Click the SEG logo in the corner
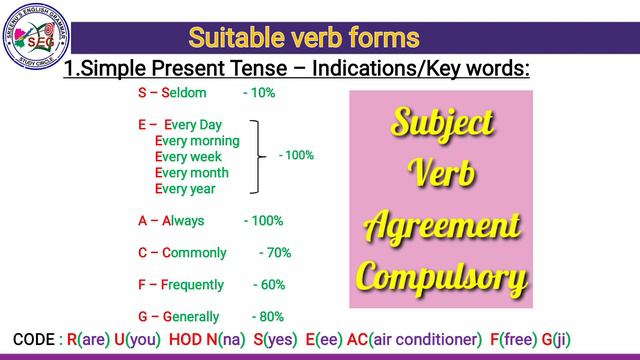click(x=38, y=37)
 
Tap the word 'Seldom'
click(x=184, y=93)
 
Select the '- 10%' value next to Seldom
click(x=259, y=93)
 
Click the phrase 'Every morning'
click(x=198, y=141)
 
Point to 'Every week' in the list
click(x=189, y=157)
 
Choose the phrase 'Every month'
click(x=193, y=173)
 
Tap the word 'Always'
click(x=183, y=221)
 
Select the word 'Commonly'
click(x=194, y=253)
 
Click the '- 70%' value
click(x=275, y=253)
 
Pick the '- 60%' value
click(x=269, y=285)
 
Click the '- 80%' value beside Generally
click(x=268, y=317)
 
